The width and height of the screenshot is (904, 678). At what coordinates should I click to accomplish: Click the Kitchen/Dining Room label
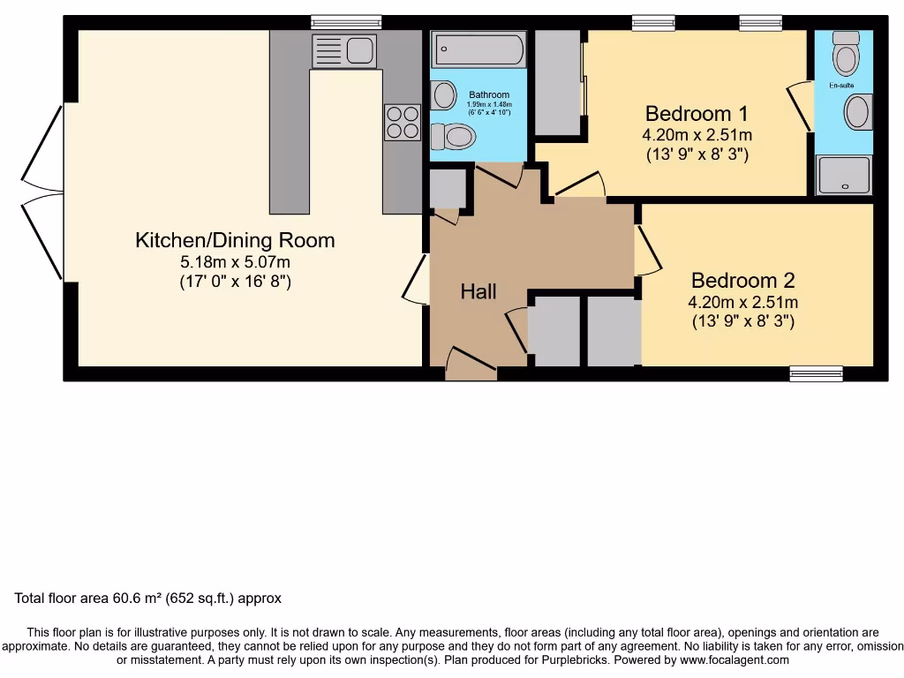coord(235,240)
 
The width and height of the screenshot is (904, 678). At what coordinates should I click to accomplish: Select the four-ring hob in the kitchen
coord(403,123)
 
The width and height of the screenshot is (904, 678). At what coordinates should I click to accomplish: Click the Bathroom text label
coord(489,95)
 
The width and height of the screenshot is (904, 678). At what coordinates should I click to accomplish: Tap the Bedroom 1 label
coord(697,114)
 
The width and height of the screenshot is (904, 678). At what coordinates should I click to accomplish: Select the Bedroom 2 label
coord(742,281)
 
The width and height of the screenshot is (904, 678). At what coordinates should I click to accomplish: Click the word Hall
coord(478,291)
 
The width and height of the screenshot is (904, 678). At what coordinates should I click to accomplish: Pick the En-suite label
coord(841,87)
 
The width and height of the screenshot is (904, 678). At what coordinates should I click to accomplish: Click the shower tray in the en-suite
coord(843,175)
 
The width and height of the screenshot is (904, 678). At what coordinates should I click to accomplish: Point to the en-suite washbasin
coord(857,113)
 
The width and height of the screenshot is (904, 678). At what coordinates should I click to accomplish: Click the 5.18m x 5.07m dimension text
coord(235,262)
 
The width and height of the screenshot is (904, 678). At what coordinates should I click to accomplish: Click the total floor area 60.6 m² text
coord(148,599)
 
